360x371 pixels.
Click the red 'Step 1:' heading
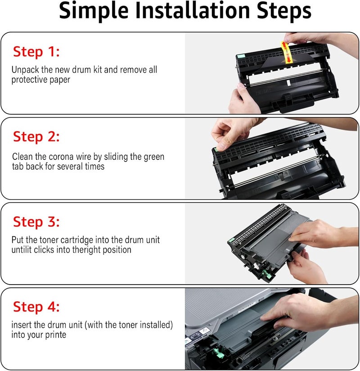point(36,52)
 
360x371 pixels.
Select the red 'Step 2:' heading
point(36,136)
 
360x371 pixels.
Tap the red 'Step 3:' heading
point(36,222)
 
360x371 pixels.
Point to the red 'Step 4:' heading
point(36,307)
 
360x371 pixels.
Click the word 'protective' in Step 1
point(29,80)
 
